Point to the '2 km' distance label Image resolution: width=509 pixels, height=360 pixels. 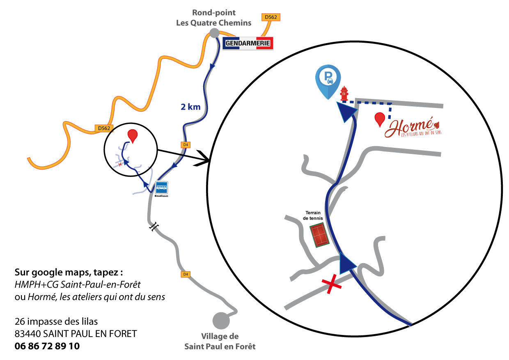pos(190,107)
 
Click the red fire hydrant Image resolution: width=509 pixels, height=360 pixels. pos(344,93)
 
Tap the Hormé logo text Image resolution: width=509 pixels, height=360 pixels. pos(410,127)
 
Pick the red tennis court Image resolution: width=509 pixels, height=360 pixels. pos(320,234)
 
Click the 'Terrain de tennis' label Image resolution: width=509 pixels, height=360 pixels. pos(314,216)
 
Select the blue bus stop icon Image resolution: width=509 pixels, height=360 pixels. pos(162,188)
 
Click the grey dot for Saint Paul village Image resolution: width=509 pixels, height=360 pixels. pos(220,321)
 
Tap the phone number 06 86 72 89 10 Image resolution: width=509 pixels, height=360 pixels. pos(47,346)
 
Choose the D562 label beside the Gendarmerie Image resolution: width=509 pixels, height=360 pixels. pos(271,17)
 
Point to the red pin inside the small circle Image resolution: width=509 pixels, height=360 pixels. pos(133,135)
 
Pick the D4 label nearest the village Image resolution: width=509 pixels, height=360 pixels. pos(186,274)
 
